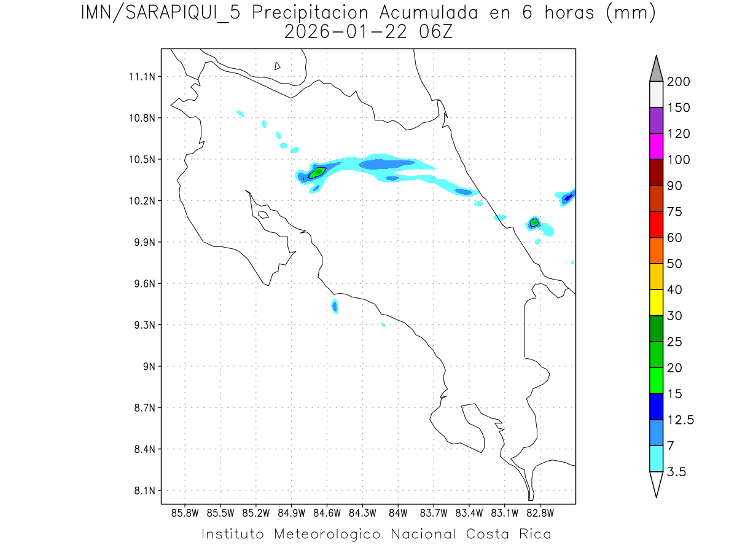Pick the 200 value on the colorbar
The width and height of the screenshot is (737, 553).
[679, 82]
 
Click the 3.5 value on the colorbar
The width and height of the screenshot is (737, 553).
[676, 472]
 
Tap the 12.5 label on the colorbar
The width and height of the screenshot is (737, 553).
[680, 420]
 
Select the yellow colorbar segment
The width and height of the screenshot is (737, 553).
[656, 302]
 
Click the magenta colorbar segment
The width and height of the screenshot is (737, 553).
[656, 146]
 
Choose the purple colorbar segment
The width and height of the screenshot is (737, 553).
[656, 120]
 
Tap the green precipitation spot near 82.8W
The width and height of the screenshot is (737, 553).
[534, 222]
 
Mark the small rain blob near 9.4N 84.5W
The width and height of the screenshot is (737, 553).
[335, 305]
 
